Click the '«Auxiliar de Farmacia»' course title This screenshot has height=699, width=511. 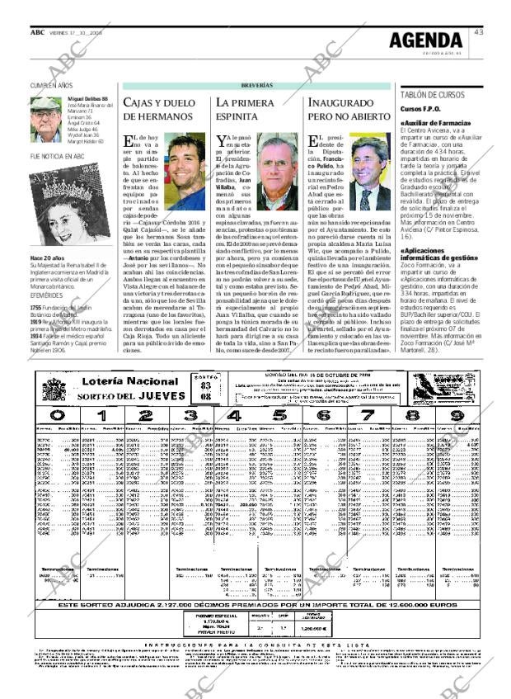[435, 123]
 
